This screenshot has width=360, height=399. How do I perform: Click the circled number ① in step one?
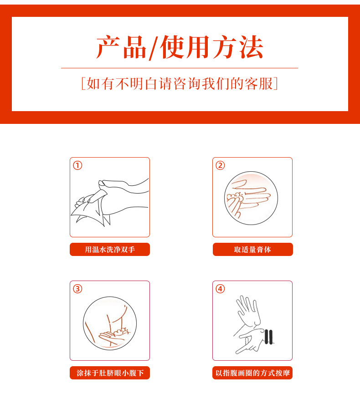77,165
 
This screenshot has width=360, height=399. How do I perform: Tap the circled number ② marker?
220,165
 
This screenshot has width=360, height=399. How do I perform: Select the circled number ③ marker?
77,289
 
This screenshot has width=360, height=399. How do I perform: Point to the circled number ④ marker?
220,289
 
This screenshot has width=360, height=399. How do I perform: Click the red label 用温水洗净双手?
110,250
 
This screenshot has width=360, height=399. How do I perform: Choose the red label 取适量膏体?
253,250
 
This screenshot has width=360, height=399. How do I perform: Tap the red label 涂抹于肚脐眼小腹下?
110,373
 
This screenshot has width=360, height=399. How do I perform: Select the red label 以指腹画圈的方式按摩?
252,373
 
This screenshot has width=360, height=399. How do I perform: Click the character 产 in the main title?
108,47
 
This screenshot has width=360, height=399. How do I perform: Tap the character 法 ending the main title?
251,47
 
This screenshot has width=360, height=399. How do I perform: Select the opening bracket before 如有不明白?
83,83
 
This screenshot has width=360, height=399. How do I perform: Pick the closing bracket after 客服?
276,83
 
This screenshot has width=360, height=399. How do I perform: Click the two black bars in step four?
268,337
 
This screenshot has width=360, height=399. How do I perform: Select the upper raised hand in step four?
248,311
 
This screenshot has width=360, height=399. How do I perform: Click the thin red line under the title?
180,68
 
